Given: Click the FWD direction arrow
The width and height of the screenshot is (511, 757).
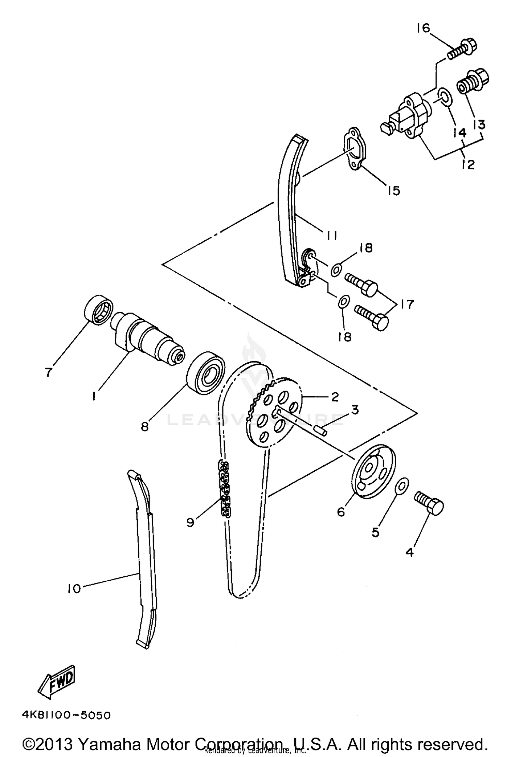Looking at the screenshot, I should point(57,681).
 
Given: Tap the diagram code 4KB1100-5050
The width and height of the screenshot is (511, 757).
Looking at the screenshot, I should point(66,715).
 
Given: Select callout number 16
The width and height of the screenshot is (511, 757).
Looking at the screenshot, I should point(423,28).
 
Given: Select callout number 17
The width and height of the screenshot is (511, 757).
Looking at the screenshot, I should point(407,304).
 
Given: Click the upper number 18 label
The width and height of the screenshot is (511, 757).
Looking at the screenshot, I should point(366,248).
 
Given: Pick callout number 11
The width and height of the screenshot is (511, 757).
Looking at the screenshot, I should point(330,235).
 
